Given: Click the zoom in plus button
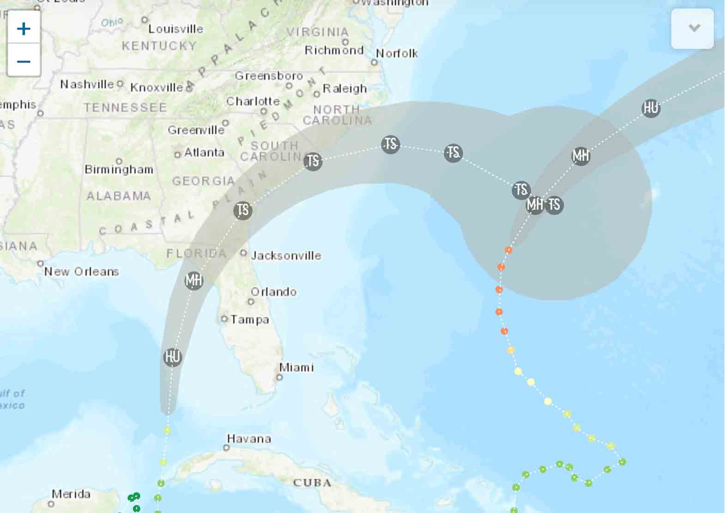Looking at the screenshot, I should (24, 29).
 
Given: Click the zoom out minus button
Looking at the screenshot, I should (24, 61).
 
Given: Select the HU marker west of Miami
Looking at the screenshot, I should (173, 357).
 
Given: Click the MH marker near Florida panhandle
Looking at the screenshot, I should (194, 281).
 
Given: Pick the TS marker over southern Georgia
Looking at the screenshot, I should (243, 210).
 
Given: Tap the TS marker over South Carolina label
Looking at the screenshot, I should (313, 161).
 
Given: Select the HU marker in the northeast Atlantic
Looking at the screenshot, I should (651, 108).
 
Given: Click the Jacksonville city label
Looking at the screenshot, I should (286, 256).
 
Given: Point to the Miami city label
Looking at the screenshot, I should (296, 367).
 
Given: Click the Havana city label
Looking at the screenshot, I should (249, 439).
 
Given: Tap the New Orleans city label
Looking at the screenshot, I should (82, 272).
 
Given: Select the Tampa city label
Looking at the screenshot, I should (250, 319).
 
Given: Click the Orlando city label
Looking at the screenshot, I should (273, 292).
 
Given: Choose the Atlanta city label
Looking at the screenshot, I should (204, 153).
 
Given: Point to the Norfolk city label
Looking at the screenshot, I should (397, 54).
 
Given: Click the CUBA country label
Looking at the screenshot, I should (312, 483).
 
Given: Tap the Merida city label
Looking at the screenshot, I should (71, 494).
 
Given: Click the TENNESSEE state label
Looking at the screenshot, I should (125, 108).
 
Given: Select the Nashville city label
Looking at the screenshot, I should (87, 84).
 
